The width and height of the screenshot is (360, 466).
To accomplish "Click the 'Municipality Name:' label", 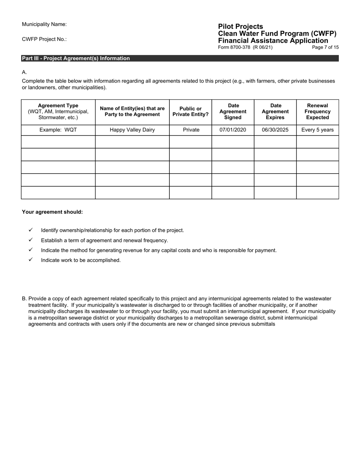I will (44, 24).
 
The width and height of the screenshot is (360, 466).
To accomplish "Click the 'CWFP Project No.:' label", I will (44, 39).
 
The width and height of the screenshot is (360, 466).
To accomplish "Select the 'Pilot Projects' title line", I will (240, 27).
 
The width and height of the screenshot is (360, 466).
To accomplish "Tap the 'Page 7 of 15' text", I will (325, 47).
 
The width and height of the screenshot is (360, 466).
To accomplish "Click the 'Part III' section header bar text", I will (76, 58).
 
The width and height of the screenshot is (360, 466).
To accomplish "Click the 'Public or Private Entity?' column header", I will (190, 111).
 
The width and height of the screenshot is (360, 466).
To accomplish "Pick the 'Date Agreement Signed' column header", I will (233, 111).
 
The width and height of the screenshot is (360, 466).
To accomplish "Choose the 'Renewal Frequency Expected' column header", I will (317, 111).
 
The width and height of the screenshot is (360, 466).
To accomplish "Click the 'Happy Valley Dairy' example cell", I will (132, 130).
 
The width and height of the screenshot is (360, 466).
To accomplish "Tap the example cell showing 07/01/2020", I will (233, 130).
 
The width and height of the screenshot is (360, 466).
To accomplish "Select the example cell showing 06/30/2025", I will (275, 130).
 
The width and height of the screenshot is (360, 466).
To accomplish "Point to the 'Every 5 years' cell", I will (317, 130).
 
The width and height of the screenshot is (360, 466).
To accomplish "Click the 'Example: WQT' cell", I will (58, 130).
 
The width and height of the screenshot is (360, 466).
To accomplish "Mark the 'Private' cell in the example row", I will (191, 130).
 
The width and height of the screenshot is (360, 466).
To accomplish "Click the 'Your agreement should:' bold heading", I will (52, 212).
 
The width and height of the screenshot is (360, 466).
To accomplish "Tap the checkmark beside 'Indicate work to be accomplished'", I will (31, 260).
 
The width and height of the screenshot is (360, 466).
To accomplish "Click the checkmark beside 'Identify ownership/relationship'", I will (31, 230).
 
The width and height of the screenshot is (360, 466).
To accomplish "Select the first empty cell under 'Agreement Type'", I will (58, 142).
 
